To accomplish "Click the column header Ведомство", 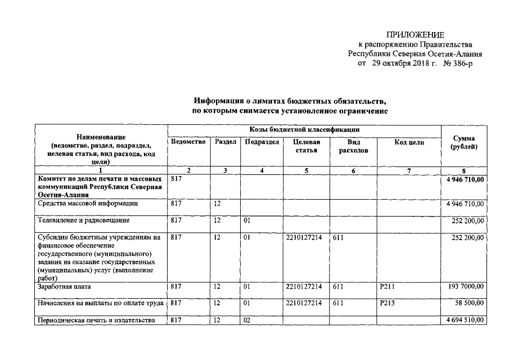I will (188, 142).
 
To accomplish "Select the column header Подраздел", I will (262, 142).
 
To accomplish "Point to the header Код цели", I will (409, 142).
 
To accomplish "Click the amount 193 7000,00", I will (466, 287).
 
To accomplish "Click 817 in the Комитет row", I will (176, 178).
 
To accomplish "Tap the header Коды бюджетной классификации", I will (305, 130).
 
